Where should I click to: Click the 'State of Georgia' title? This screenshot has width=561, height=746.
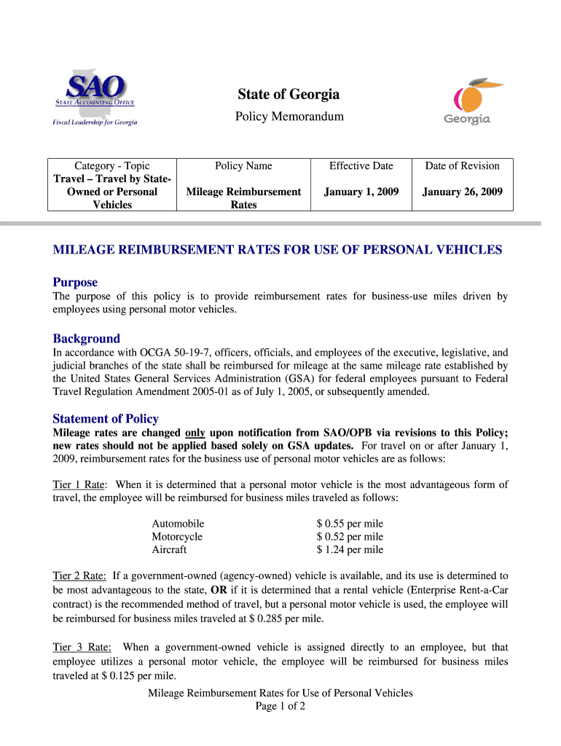(288, 95)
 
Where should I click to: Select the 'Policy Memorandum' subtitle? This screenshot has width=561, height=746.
(288, 117)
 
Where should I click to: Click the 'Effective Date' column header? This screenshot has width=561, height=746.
(361, 166)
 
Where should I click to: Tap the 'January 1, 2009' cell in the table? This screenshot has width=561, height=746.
(361, 192)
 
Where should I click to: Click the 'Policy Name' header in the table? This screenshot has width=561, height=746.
(243, 166)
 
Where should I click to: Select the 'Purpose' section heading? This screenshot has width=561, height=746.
(75, 282)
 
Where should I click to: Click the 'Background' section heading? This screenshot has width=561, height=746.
(86, 339)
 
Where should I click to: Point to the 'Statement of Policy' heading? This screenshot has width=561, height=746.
(106, 419)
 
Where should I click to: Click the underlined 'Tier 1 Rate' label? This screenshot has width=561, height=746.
(79, 484)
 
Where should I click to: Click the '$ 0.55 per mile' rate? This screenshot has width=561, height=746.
(350, 524)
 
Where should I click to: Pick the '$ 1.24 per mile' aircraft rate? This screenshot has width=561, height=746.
(350, 550)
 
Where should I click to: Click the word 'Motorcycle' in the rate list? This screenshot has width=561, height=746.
(177, 537)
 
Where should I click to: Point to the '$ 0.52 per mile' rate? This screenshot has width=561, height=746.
(350, 537)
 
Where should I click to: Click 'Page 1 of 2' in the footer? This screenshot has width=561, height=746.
(280, 707)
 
